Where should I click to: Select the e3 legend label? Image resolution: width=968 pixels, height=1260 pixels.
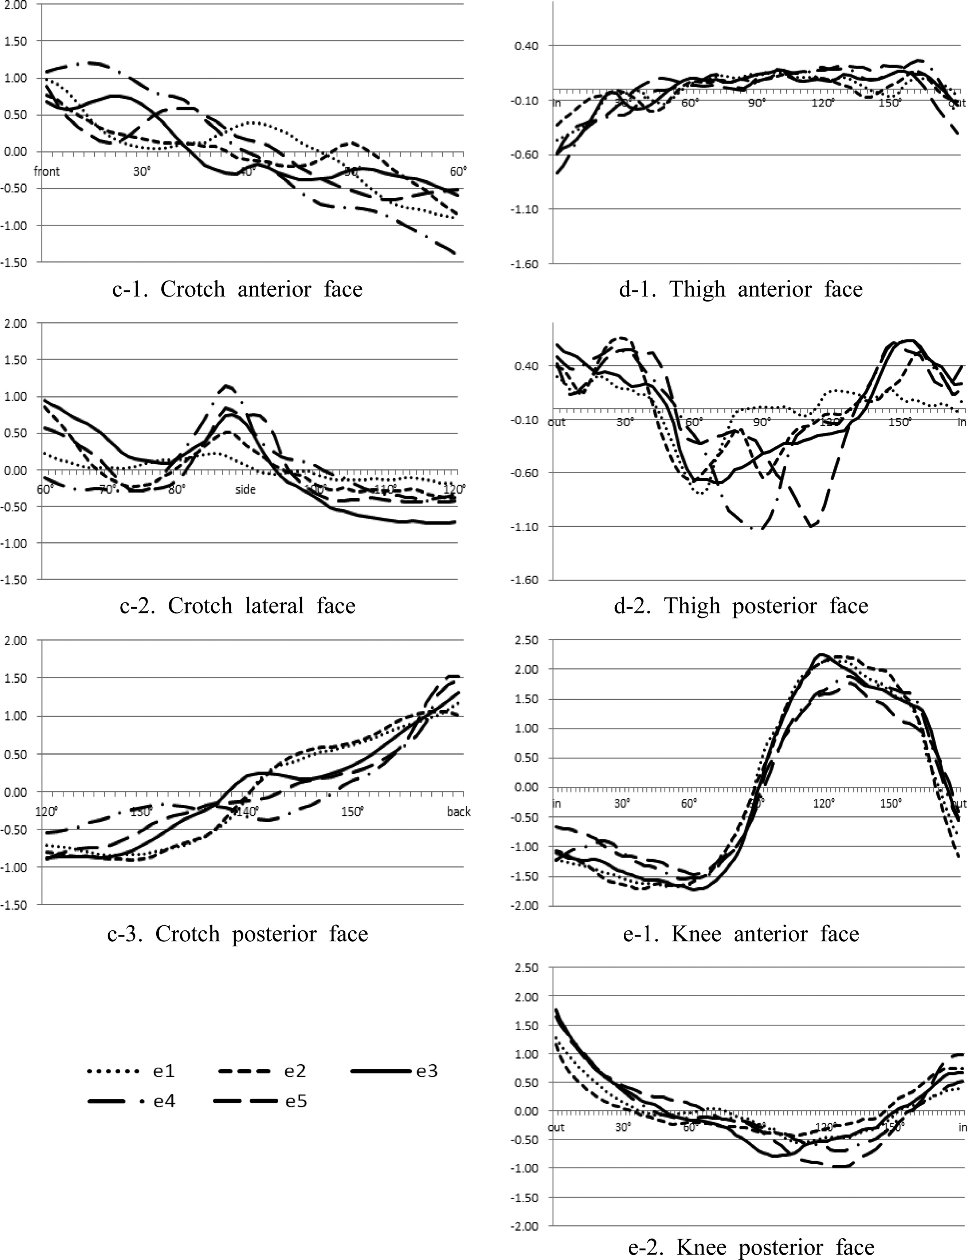pos(427,1071)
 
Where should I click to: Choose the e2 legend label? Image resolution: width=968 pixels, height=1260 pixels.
pos(295,1071)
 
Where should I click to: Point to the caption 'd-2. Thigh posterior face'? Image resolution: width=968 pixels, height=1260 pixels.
pos(740,605)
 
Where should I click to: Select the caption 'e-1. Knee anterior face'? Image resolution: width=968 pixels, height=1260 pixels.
pos(740,933)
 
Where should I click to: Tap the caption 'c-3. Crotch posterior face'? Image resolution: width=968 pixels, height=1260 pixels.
pos(238,933)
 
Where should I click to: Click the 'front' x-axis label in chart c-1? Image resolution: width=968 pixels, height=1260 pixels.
pos(47,171)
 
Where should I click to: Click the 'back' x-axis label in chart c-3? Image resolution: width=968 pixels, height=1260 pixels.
pos(459,812)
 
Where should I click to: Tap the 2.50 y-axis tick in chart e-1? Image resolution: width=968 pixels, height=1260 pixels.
pos(525,640)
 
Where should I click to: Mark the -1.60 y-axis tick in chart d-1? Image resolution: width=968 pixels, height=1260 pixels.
pos(524,264)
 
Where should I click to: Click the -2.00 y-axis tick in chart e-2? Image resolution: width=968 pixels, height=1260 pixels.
pos(524,1226)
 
